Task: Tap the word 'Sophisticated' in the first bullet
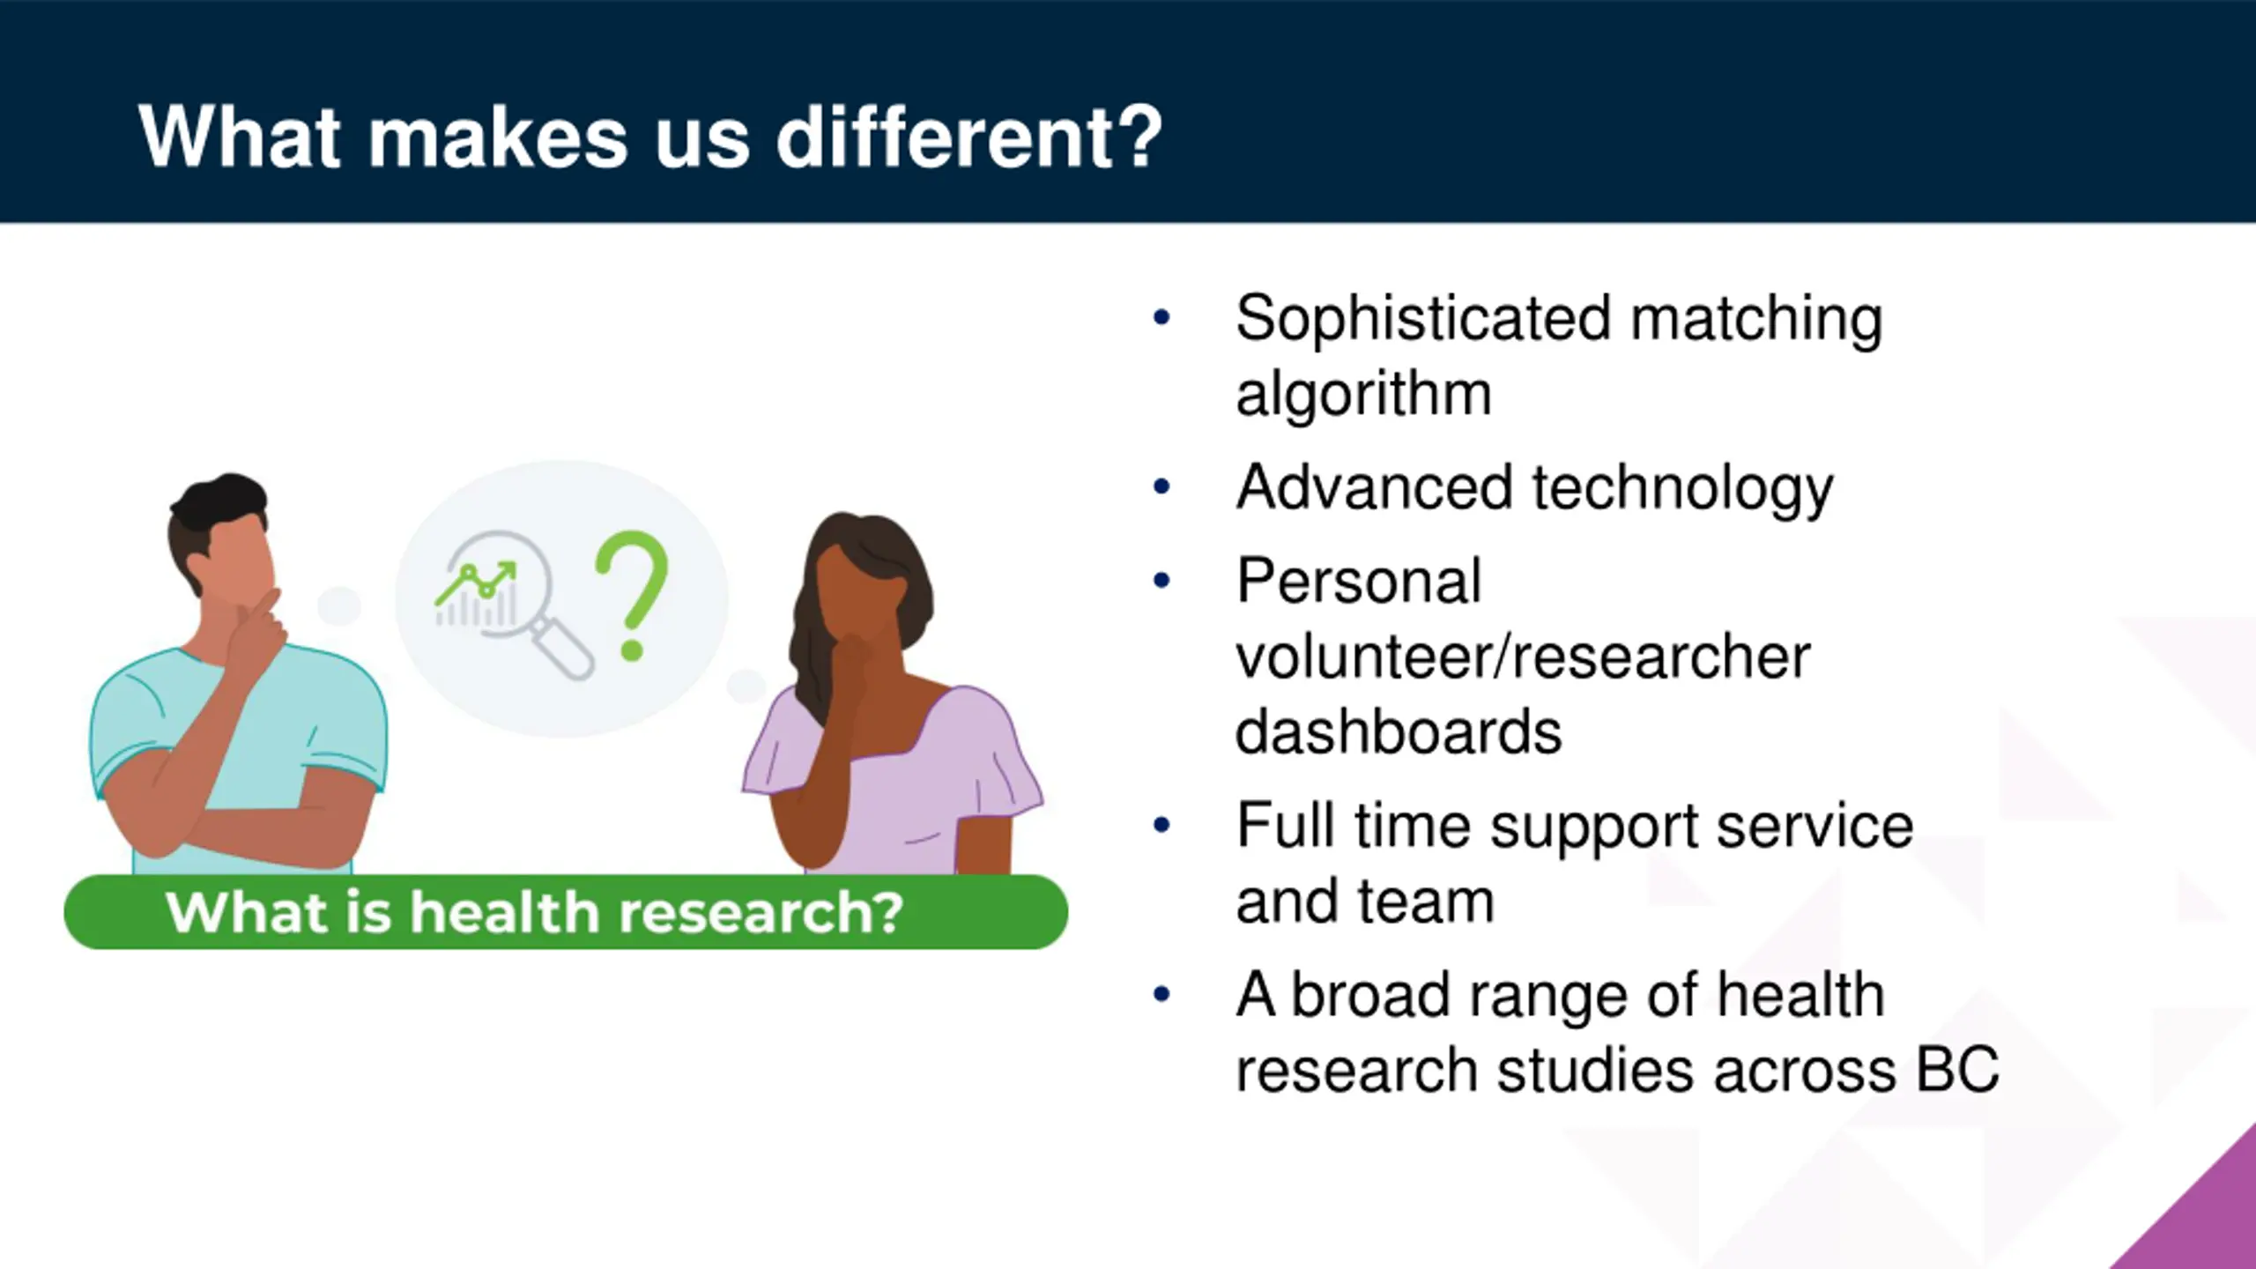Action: (1423, 319)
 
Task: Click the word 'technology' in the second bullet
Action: (1682, 488)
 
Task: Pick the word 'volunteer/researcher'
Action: (1523, 657)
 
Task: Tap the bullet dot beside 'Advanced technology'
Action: (1161, 486)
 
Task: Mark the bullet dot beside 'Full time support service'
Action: (1161, 825)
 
